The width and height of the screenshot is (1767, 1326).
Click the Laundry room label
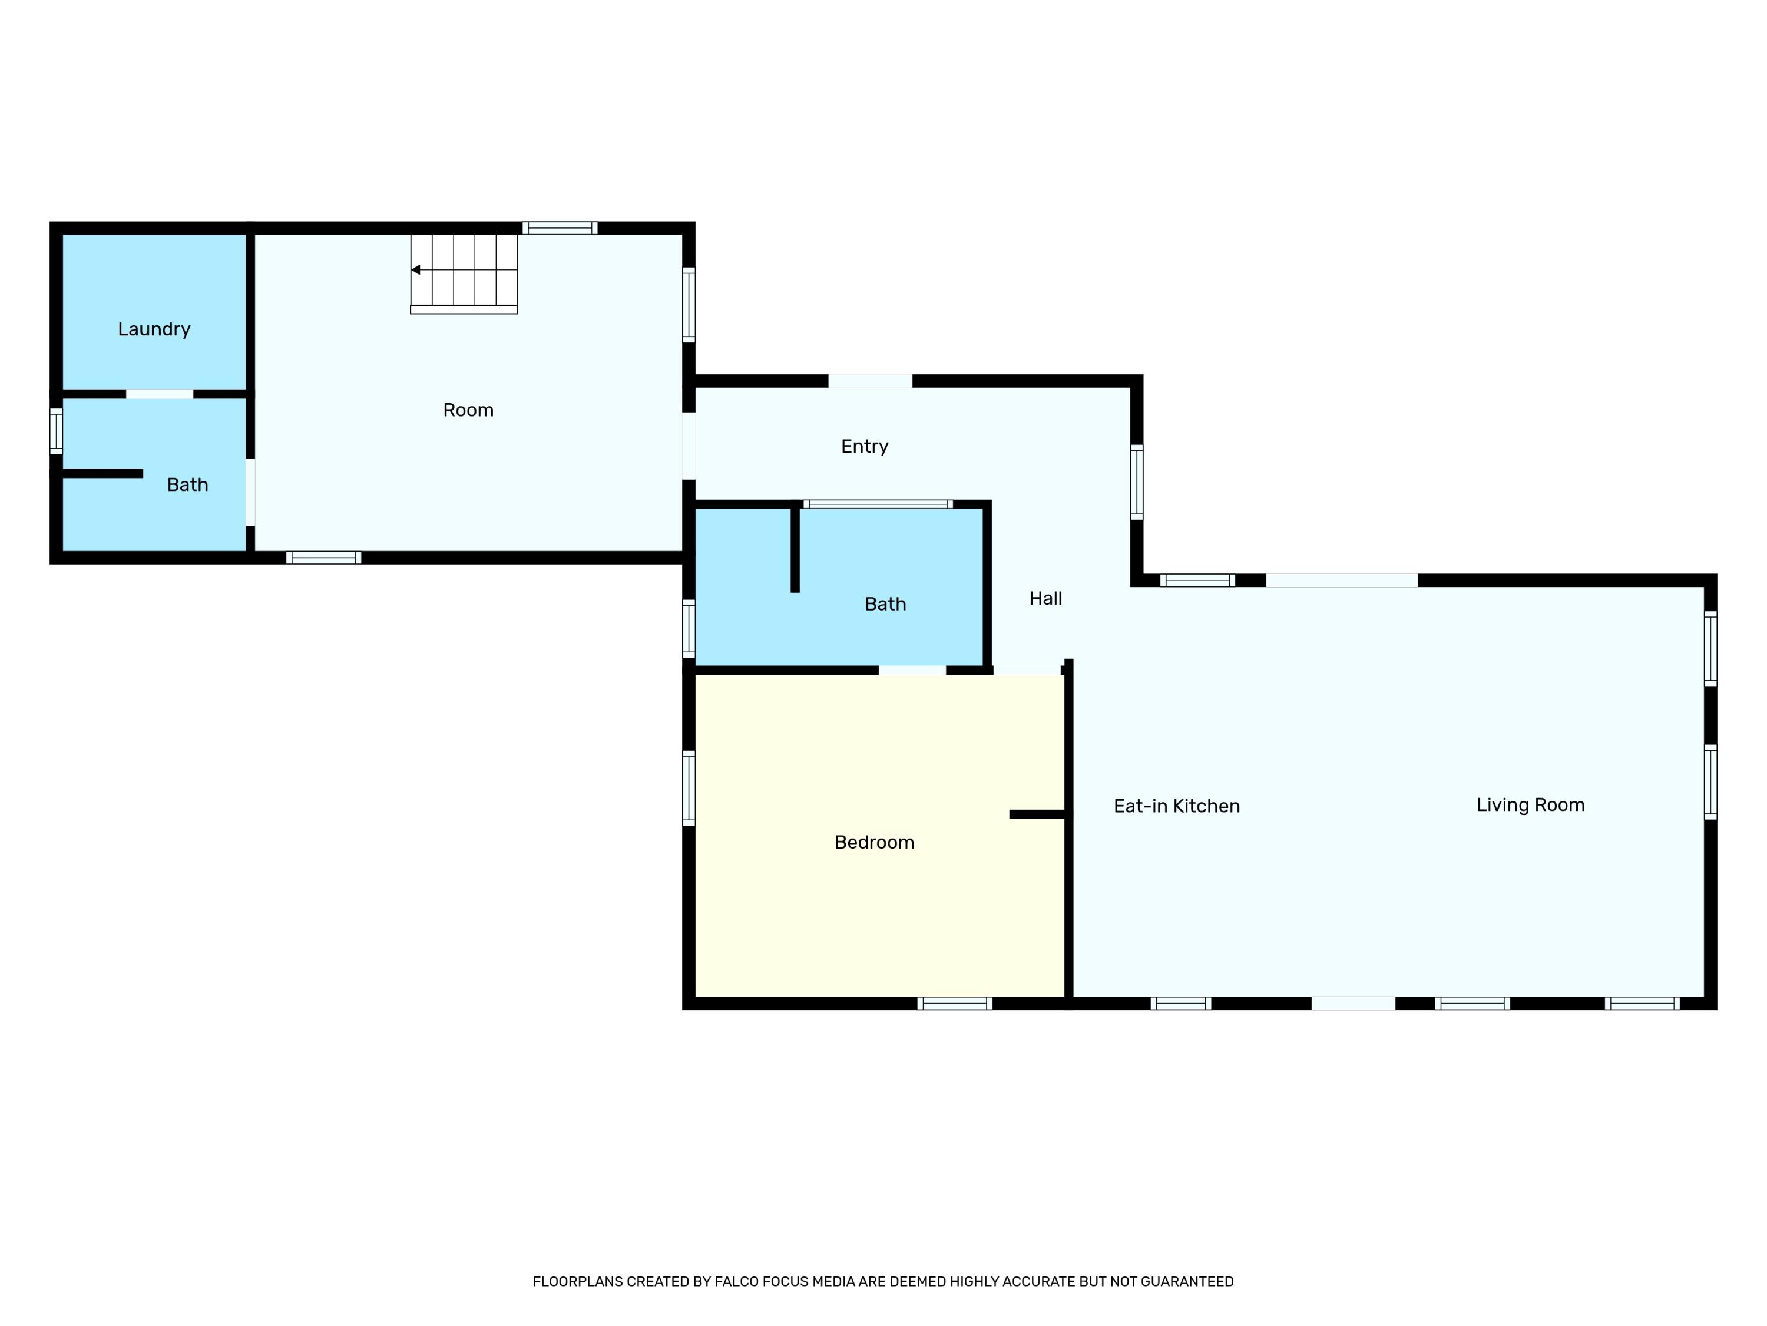[154, 329]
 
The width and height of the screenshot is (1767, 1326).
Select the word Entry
[864, 446]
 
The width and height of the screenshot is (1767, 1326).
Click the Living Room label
[1530, 805]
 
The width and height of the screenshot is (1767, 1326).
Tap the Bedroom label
[874, 842]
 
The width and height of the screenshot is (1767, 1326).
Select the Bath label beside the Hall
[885, 604]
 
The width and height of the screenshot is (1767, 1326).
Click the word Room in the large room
[468, 410]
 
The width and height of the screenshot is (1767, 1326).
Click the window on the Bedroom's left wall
[689, 787]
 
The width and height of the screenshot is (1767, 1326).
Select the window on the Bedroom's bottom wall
[955, 1003]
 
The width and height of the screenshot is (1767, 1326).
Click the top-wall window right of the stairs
[560, 228]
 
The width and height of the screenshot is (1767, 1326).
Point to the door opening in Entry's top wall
[870, 381]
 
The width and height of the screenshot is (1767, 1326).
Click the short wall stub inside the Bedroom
[1037, 814]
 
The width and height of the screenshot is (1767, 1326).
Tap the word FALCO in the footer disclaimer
[736, 1281]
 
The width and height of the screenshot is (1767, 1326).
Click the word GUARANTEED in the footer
[1187, 1281]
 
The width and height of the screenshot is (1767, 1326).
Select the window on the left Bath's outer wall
[56, 431]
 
